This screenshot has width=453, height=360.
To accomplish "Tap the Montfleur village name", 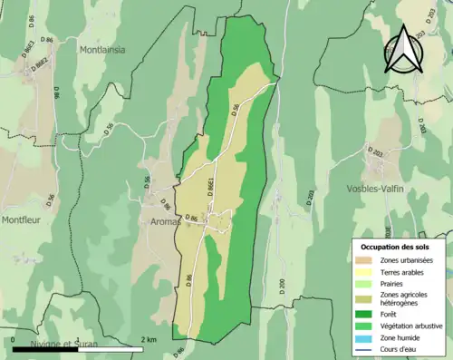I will (24, 219).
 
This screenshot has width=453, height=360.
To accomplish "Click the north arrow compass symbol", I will (404, 49).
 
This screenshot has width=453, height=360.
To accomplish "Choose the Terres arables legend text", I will (400, 272).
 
